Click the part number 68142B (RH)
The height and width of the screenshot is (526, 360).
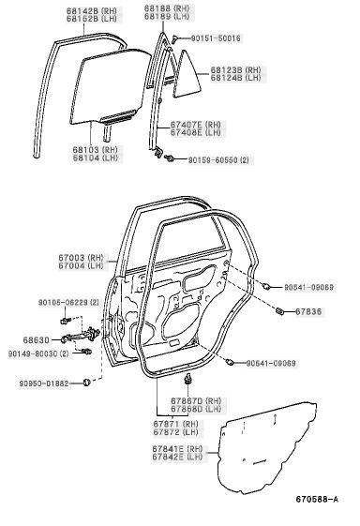click(x=91, y=10)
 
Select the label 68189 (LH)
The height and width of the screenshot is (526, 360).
click(x=167, y=17)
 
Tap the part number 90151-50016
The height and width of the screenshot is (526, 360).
click(x=216, y=38)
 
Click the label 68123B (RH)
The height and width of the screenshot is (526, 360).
click(x=235, y=70)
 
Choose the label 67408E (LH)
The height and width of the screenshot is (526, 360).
click(x=196, y=132)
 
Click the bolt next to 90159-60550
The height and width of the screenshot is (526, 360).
click(x=169, y=158)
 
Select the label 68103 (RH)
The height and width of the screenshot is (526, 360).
click(x=96, y=150)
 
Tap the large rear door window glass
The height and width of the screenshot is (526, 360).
click(x=111, y=88)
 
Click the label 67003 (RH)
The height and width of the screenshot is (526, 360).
click(x=81, y=258)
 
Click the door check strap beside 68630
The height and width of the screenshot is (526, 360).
click(x=81, y=336)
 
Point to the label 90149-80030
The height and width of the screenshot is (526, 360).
click(x=34, y=353)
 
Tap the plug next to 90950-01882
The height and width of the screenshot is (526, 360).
click(x=86, y=382)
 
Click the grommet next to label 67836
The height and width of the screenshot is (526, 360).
click(x=279, y=311)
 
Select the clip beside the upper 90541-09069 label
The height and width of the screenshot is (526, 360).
click(x=266, y=286)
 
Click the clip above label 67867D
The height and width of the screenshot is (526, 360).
click(x=187, y=378)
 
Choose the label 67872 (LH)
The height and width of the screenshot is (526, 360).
click(x=176, y=432)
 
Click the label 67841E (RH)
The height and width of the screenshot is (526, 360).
click(x=177, y=448)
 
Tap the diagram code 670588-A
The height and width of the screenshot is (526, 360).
click(x=317, y=499)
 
